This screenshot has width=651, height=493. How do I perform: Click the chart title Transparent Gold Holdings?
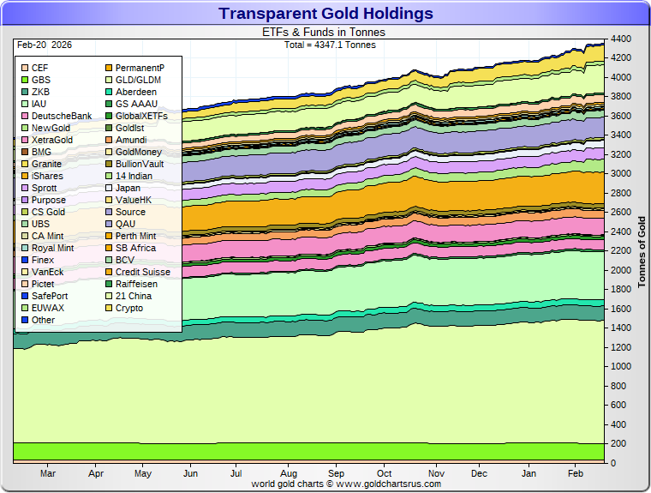click(x=325, y=13)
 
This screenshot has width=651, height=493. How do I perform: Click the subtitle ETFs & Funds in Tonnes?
click(x=323, y=32)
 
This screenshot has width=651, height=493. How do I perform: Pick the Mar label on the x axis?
click(x=48, y=473)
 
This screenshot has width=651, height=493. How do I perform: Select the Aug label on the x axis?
click(x=288, y=473)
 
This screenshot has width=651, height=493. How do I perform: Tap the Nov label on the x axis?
click(x=437, y=473)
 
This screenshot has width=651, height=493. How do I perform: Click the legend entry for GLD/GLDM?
click(x=138, y=80)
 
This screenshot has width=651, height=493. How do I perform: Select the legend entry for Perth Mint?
click(x=135, y=236)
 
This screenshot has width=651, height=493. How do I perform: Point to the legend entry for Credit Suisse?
click(x=142, y=272)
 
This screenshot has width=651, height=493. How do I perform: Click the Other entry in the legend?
click(x=43, y=320)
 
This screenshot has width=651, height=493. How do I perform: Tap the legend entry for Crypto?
click(x=129, y=308)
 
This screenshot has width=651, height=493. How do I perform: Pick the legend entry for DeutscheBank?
click(x=61, y=116)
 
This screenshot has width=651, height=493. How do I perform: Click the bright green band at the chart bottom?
click(x=308, y=452)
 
